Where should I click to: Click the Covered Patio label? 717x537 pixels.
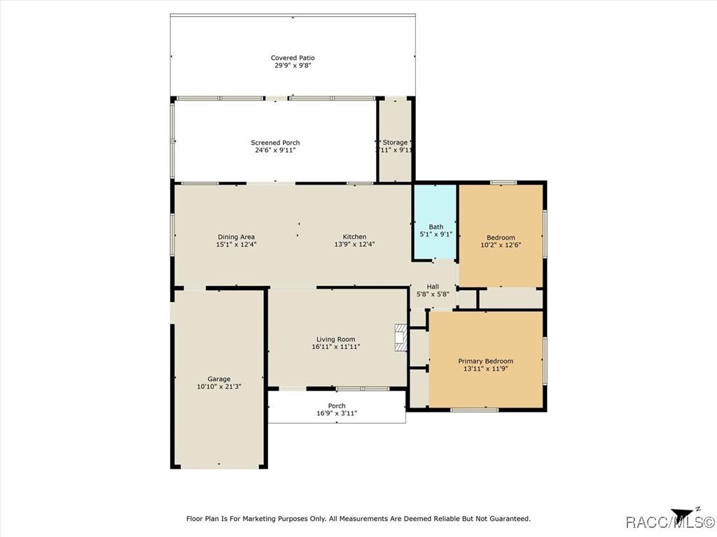[293, 58]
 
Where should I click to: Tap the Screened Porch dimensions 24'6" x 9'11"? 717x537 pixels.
[275, 150]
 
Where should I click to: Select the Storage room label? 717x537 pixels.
[395, 143]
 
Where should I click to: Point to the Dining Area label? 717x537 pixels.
[236, 237]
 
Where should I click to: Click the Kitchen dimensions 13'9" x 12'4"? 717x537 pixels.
[354, 245]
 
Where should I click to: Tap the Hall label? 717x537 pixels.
[433, 287]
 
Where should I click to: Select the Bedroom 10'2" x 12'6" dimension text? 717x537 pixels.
[501, 245]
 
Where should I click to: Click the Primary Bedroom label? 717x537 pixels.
[485, 361]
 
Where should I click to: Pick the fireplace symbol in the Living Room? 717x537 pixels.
[400, 337]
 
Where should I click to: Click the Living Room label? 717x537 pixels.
[335, 339]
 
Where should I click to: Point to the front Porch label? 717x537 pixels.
[337, 406]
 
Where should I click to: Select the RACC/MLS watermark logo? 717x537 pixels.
[669, 522]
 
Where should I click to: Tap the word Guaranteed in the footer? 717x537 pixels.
[507, 519]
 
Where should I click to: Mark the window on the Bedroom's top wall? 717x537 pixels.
[503, 182]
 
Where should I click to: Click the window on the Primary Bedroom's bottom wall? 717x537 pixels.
[474, 410]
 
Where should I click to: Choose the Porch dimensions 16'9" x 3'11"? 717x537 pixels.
[337, 413]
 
